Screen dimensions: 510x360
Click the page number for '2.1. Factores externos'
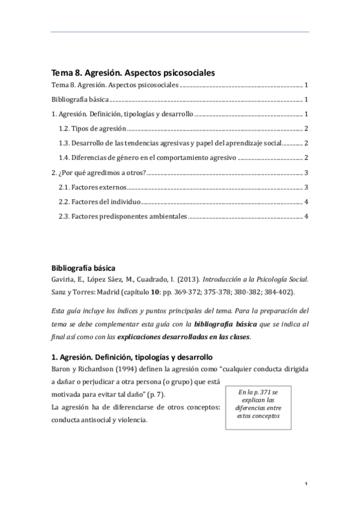[307, 188]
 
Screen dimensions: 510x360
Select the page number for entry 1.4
[307, 158]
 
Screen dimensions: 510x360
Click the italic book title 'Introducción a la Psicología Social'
[256, 280]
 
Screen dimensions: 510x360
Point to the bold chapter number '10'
[154, 292]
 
